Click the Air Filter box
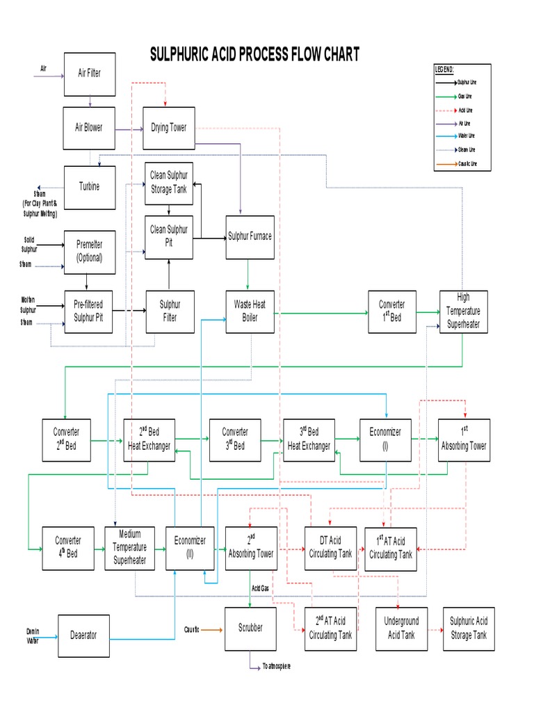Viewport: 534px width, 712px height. [89, 72]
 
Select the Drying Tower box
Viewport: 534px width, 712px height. [169, 127]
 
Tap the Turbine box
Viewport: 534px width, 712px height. [89, 186]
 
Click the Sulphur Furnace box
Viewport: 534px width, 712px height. [250, 236]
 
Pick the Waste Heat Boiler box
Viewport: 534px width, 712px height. [250, 311]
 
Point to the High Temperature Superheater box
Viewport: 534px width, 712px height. [464, 311]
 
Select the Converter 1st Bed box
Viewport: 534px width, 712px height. [392, 311]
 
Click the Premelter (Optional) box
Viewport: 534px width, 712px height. [89, 251]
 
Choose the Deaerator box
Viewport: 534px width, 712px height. [84, 635]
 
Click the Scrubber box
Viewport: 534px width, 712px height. [250, 628]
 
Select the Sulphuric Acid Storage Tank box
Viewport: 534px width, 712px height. [469, 629]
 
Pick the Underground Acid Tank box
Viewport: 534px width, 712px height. [401, 629]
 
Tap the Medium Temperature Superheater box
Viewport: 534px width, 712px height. [129, 547]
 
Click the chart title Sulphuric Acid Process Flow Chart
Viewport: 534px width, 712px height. [255, 55]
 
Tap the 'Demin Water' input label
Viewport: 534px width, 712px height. [33, 634]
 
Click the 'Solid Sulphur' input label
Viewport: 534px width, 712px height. [29, 244]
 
